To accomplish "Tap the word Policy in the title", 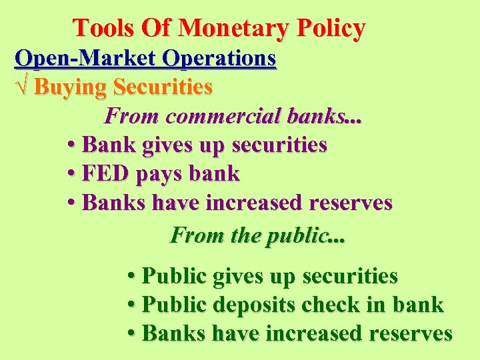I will (x=331, y=28).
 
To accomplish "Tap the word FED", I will (x=106, y=174).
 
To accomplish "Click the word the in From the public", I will (x=245, y=235).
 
